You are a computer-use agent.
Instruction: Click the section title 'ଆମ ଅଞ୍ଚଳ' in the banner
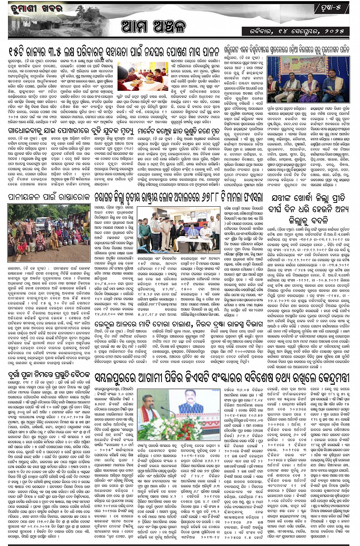[x=153, y=27]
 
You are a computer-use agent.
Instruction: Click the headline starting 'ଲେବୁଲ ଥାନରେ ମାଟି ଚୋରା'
[x=179, y=324]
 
